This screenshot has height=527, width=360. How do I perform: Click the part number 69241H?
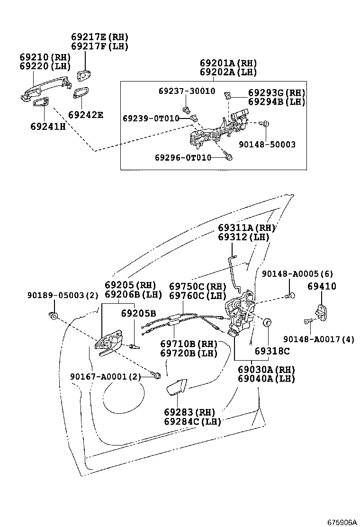[x=48, y=127]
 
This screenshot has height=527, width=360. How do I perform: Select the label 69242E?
[x=85, y=115]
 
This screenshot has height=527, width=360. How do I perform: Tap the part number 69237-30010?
[x=186, y=91]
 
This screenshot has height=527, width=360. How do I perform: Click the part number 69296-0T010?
[x=183, y=157]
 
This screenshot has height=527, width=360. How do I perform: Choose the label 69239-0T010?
[x=151, y=118]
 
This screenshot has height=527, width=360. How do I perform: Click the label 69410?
[x=321, y=286]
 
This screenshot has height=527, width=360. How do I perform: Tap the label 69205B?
[x=138, y=313]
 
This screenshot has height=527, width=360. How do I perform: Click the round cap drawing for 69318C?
[x=268, y=323]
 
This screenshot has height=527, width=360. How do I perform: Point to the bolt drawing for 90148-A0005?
[x=290, y=296]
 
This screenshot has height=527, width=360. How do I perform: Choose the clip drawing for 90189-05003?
[x=54, y=315]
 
